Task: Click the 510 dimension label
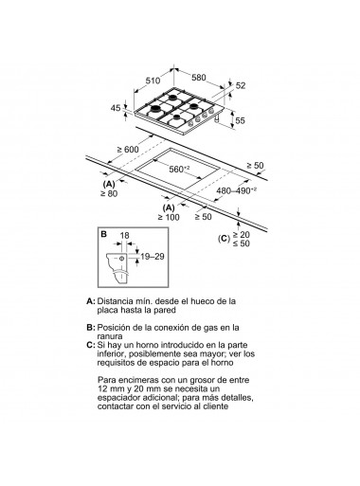pos(153,81)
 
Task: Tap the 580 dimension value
pos(199,78)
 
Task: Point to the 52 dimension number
pos(241,85)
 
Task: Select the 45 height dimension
pos(116,108)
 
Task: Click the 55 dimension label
pos(241,120)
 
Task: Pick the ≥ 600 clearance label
pos(128,150)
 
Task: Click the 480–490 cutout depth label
pos(236,190)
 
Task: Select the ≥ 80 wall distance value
pos(109,193)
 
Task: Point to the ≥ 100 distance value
pos(169,217)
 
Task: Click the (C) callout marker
pos(224,239)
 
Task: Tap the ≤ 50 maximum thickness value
pos(242,243)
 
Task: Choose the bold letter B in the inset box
pos(103,234)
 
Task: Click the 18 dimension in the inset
pos(125,236)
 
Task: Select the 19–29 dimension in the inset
pos(153,257)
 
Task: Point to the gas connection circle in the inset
pos(122,259)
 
